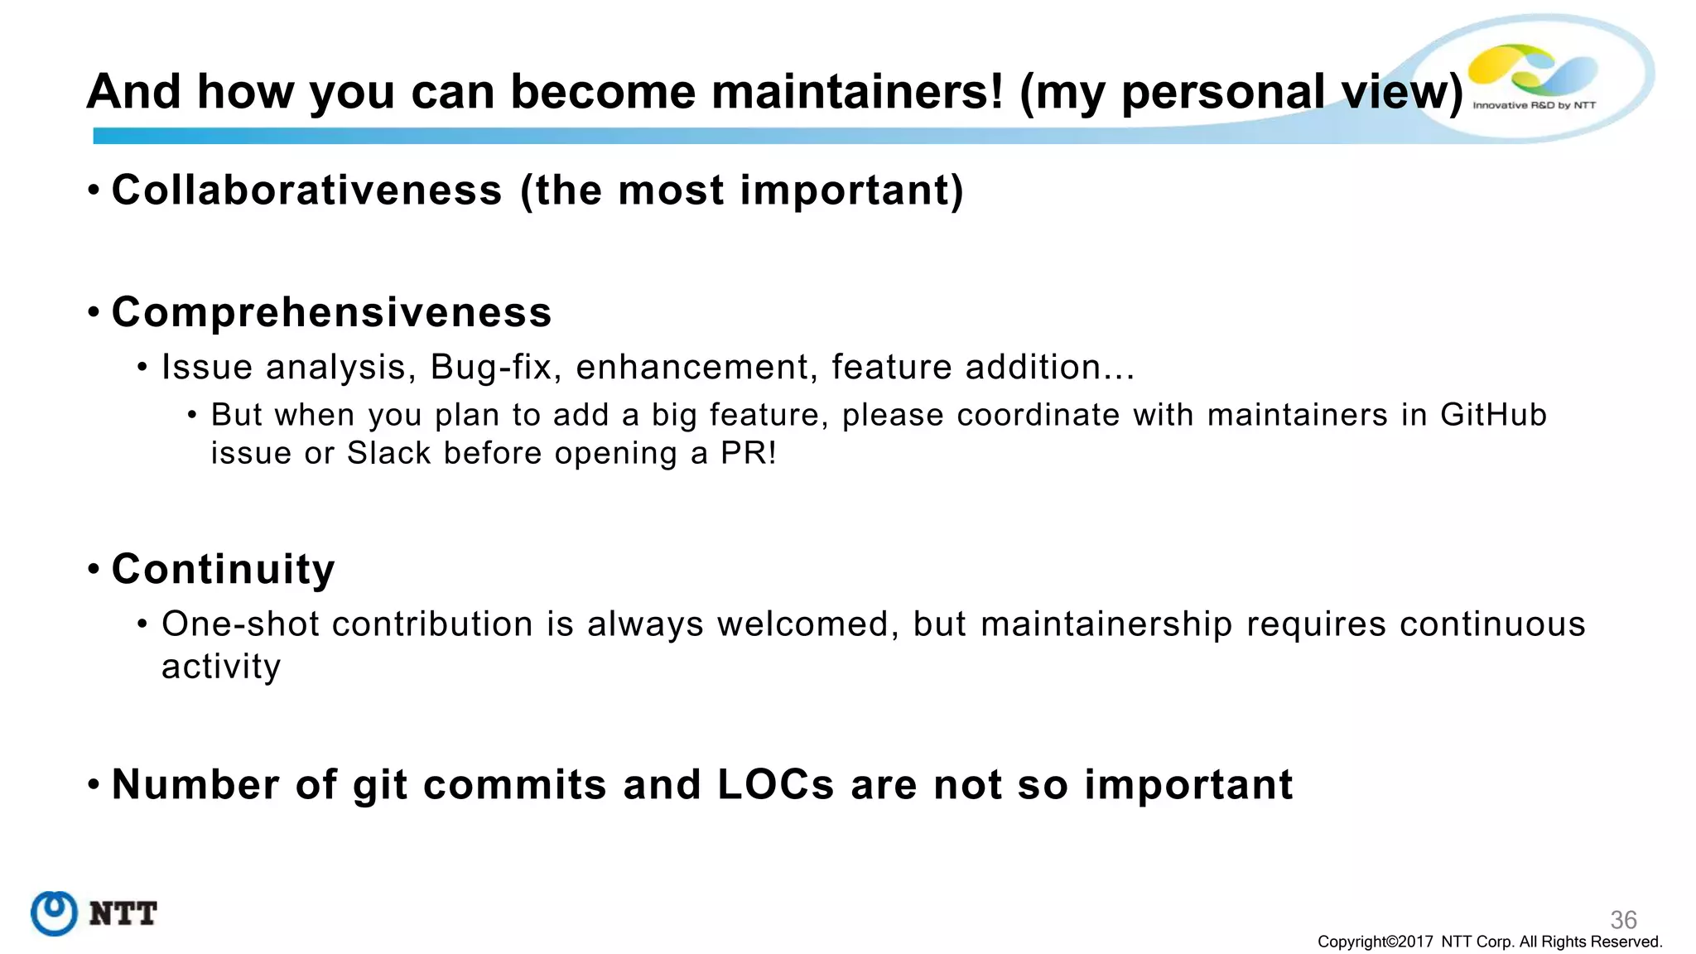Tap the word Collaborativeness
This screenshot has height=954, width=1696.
point(307,190)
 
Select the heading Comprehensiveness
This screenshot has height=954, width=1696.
point(331,312)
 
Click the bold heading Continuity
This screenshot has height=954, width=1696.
point(224,570)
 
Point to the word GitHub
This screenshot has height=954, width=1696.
point(1493,415)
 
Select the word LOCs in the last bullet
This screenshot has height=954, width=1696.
point(775,784)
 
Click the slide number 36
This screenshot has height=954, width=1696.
point(1623,919)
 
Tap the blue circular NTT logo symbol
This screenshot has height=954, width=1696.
point(55,913)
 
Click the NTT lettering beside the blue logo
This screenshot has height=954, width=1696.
point(123,914)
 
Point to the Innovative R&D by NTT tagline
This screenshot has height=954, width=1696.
point(1534,105)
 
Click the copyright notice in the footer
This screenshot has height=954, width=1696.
point(1489,942)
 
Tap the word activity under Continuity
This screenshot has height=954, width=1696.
point(221,667)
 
